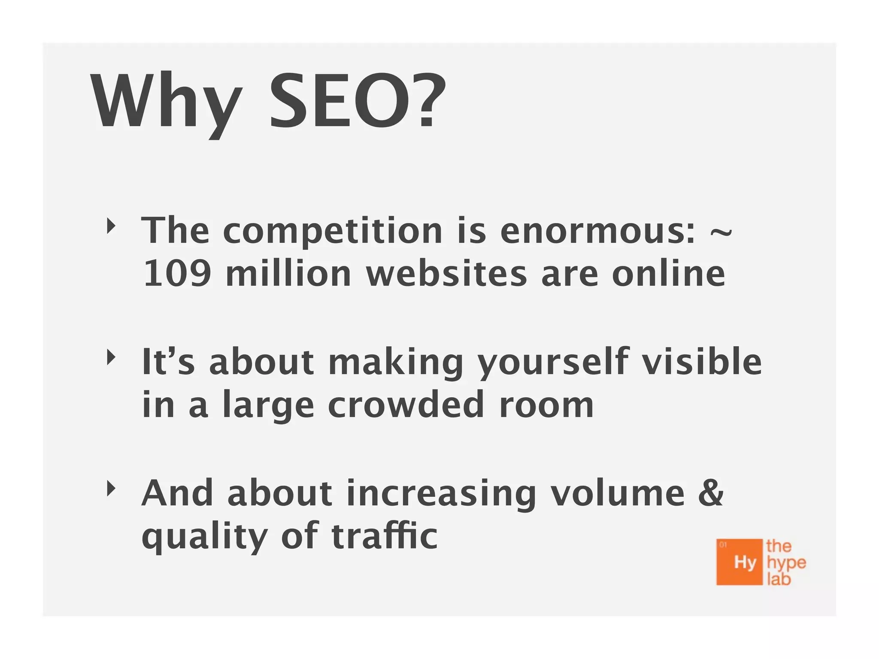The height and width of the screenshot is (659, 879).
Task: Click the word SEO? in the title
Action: click(x=357, y=101)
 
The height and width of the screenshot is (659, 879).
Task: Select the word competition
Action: click(x=333, y=232)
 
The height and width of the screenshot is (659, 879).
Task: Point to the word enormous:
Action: click(x=597, y=232)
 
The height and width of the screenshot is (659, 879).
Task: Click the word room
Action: click(x=546, y=406)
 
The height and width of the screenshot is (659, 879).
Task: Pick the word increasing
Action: click(x=441, y=494)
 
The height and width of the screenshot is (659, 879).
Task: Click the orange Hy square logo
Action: click(x=740, y=562)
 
